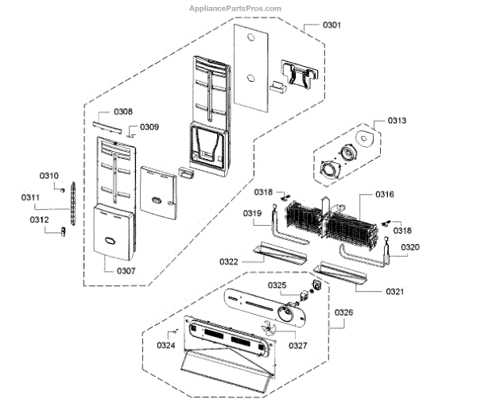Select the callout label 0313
tap(397, 121)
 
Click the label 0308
tap(122, 112)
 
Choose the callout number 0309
tap(149, 127)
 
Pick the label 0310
tap(49, 176)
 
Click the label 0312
tap(40, 220)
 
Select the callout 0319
tap(253, 213)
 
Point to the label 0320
tap(409, 247)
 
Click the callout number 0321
tap(394, 292)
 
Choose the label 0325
tap(277, 285)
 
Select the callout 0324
tap(166, 344)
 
